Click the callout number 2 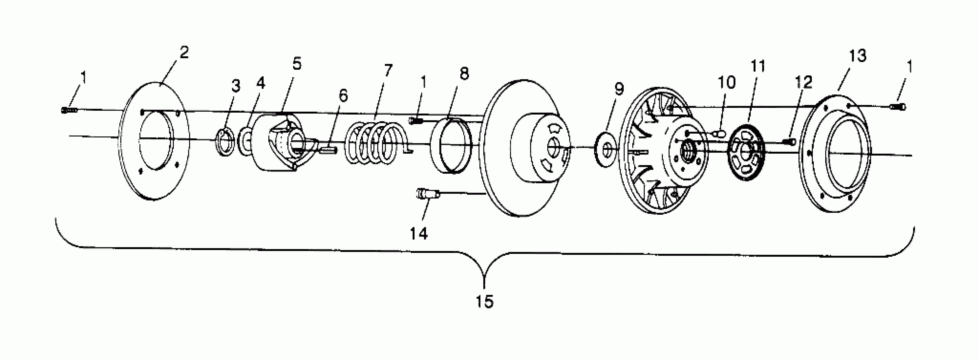pyautogui.click(x=184, y=53)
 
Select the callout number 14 pyautogui.click(x=418, y=233)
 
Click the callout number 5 pyautogui.click(x=297, y=64)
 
